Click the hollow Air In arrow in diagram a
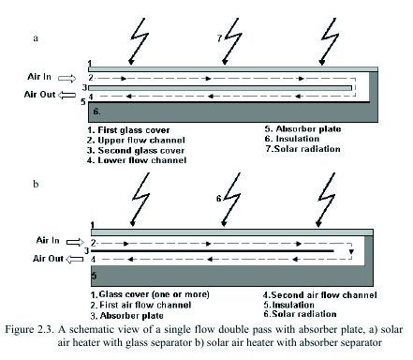(66, 78)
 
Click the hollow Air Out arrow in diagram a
(66, 95)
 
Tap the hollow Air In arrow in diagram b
(75, 242)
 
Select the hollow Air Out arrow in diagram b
(75, 259)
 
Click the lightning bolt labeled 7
(231, 41)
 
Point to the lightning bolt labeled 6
(230, 199)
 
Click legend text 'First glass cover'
(134, 130)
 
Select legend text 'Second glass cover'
(141, 151)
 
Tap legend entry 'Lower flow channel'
(142, 160)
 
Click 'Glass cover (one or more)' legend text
(154, 294)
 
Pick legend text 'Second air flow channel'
(324, 295)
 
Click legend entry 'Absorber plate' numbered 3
(132, 316)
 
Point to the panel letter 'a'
(36, 38)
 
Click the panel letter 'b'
(36, 184)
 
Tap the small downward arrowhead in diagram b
(351, 251)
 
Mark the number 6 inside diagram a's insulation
(96, 112)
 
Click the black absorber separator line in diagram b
(213, 251)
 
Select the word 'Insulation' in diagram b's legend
(293, 305)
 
